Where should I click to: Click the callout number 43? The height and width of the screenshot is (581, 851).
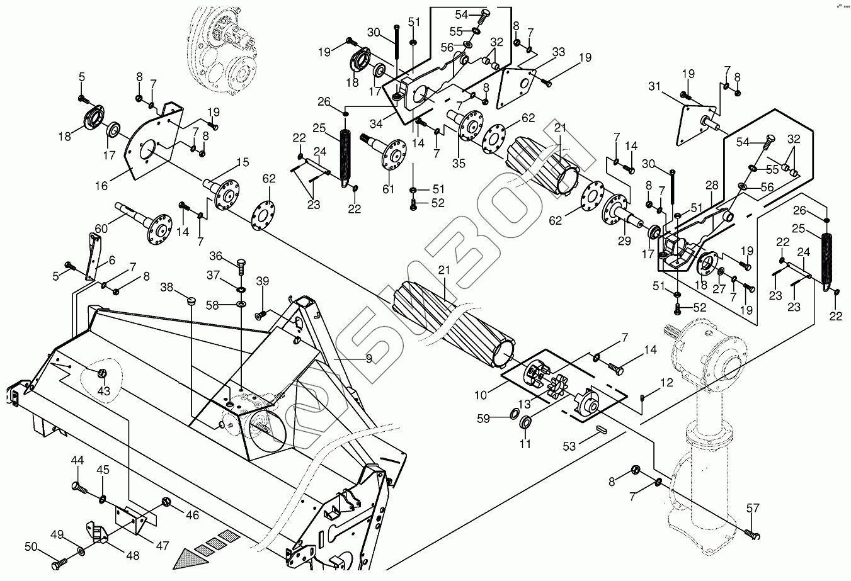pos(103,391)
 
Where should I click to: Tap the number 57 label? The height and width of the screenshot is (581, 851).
pos(753,508)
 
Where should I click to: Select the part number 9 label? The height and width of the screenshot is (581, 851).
pos(369,359)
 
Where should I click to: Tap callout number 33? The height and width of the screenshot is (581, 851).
pos(558,53)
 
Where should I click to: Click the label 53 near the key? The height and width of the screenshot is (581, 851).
pos(569,446)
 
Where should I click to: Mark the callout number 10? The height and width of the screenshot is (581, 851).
pos(481,395)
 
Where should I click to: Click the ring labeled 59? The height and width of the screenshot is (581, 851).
pos(514,414)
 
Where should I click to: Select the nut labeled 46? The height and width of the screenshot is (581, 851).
pos(167,502)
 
